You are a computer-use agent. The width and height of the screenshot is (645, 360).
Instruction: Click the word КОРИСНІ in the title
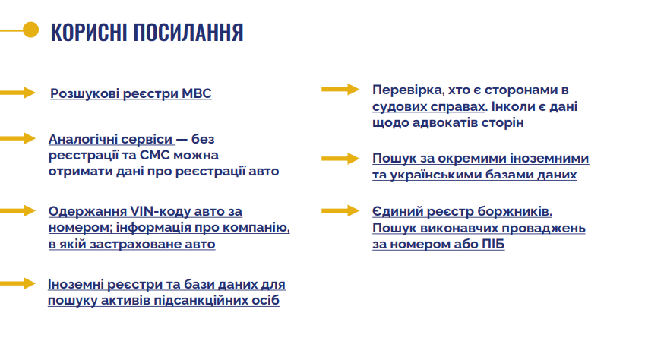point(89,32)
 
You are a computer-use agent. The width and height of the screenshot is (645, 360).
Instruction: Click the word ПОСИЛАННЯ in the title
point(188,32)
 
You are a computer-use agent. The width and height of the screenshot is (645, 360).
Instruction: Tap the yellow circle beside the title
point(31,30)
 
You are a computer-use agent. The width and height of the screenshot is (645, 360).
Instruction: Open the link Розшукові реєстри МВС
point(131,93)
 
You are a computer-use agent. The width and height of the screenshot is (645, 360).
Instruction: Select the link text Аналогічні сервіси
point(111,139)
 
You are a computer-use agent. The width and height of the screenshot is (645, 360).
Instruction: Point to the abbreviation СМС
point(155,155)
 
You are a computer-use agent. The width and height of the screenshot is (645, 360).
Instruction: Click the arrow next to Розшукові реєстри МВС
point(17,93)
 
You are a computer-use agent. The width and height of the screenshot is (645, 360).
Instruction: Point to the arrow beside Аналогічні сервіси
point(17,138)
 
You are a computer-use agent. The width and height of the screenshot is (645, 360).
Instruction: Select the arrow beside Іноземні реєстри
point(17,283)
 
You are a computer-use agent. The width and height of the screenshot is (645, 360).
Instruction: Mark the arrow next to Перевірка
point(340,90)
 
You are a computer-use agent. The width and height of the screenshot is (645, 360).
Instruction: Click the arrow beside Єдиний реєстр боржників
point(340,210)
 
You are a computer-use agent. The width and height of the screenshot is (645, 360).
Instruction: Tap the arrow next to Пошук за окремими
point(340,159)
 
